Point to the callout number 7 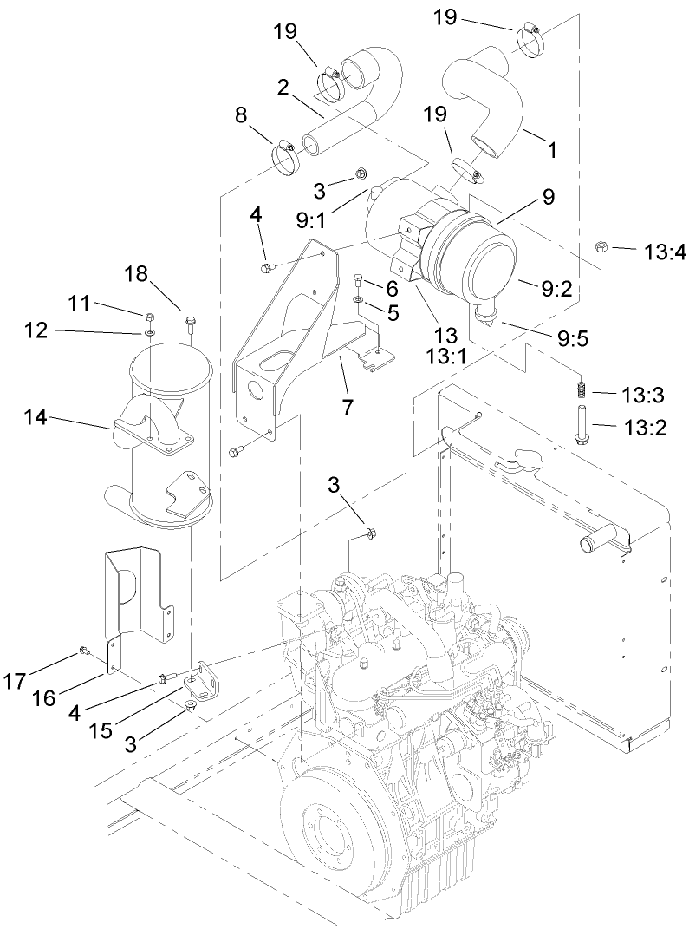coord(348,406)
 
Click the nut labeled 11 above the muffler coord(149,316)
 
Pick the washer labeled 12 coord(149,331)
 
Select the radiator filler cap coord(522,457)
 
